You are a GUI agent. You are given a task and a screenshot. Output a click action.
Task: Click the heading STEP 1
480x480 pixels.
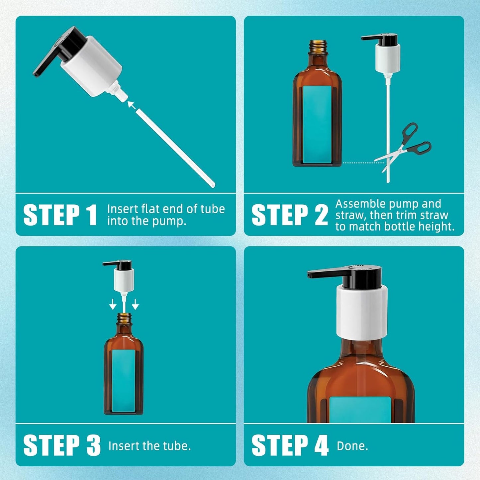click(60, 215)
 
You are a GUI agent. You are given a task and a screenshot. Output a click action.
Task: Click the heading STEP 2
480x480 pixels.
click(290, 215)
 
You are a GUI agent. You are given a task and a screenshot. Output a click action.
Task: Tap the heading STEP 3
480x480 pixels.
click(62, 445)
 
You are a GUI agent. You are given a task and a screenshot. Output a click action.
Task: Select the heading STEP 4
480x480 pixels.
click(290, 445)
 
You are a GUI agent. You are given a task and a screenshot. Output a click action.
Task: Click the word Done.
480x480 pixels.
click(352, 446)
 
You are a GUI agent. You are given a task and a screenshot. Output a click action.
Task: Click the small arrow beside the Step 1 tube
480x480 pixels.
click(132, 105)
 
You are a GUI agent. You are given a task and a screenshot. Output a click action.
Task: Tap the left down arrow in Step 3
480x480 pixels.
click(113, 304)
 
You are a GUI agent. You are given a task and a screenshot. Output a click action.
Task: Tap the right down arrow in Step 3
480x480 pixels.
click(135, 304)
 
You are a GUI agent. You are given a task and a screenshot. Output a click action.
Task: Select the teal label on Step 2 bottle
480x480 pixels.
click(317, 125)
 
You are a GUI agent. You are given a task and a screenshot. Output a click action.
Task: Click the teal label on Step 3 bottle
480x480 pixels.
click(124, 380)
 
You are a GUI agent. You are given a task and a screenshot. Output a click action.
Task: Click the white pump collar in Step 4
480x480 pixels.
click(362, 312)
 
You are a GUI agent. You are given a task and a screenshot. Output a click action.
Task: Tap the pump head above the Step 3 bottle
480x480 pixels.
click(121, 274)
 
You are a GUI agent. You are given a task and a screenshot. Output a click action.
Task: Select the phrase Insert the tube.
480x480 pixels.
click(149, 446)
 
